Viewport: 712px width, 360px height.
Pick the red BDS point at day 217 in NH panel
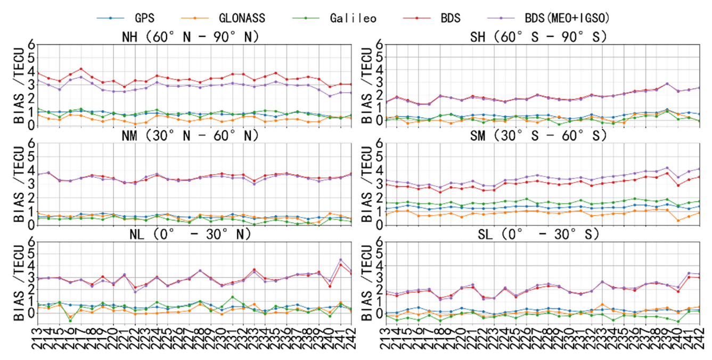pyautogui.click(x=80, y=69)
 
